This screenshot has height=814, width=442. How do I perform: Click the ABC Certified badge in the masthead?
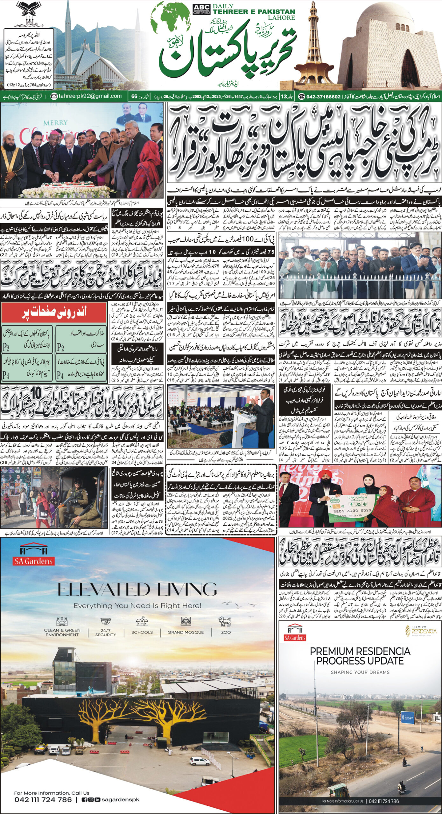pos(202,9)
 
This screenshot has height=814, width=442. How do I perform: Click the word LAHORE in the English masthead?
pos(281,18)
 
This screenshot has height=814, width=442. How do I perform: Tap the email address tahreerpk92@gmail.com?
pos(90,96)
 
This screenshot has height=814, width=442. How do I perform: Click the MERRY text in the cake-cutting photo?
pos(55,122)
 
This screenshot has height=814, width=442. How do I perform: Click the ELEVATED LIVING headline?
pos(137,590)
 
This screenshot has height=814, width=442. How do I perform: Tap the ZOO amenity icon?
pos(226,621)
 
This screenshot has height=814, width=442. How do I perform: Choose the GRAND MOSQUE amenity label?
pos(186,632)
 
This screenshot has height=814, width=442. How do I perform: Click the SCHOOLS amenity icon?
pos(142,621)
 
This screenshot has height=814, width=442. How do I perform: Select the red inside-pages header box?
pos(54,313)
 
